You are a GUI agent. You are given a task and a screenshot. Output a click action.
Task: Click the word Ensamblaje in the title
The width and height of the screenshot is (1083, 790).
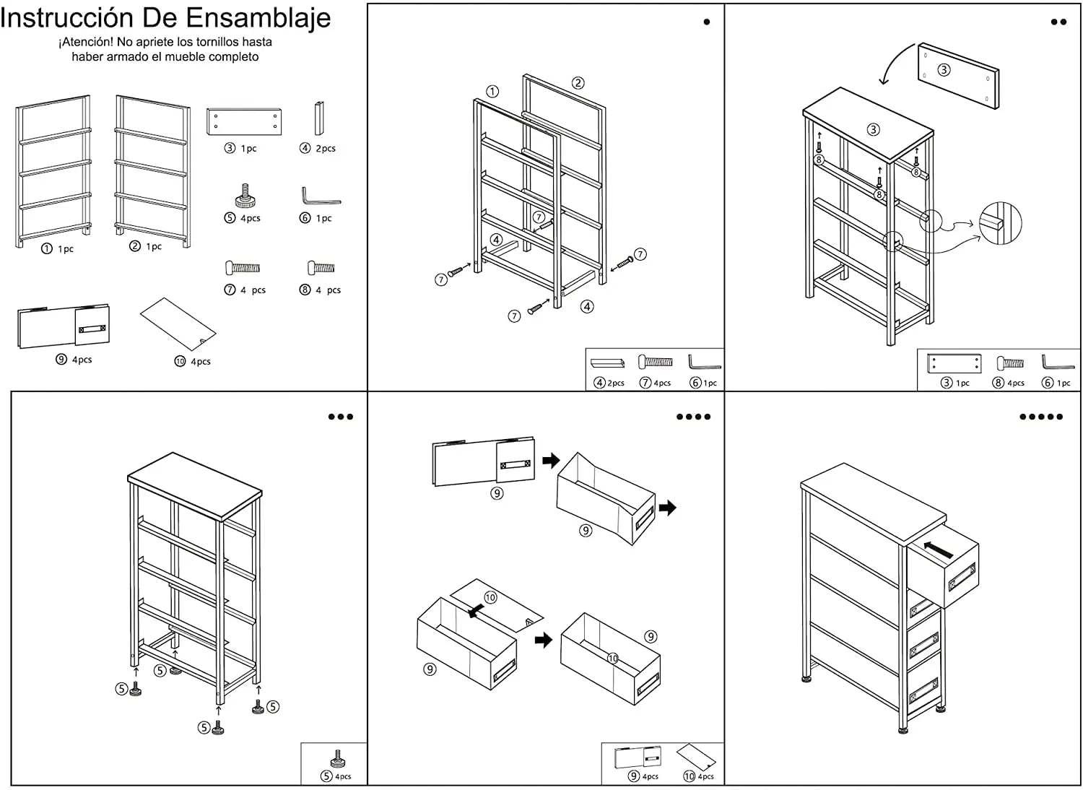tap(258, 17)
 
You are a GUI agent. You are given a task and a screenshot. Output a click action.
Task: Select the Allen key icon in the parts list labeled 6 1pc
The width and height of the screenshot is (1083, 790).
tap(320, 196)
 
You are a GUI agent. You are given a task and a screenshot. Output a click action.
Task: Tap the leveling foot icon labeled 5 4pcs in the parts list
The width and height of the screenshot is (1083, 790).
tap(245, 196)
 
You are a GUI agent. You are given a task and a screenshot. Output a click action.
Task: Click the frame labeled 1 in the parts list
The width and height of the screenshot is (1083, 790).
tap(54, 171)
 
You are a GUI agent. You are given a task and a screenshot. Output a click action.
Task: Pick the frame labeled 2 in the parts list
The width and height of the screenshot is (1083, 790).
tap(152, 170)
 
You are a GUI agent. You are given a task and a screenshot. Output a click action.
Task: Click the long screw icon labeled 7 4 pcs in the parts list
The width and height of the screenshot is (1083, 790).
tap(243, 268)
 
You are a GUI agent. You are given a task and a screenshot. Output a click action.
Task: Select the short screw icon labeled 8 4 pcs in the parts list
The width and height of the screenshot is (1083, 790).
tap(321, 268)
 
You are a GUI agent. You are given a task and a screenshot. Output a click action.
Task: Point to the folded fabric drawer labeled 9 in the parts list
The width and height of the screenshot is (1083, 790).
tap(64, 326)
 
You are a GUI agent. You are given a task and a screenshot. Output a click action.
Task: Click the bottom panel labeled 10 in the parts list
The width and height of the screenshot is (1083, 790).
tap(178, 324)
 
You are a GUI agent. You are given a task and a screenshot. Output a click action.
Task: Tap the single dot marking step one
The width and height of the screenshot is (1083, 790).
tap(706, 22)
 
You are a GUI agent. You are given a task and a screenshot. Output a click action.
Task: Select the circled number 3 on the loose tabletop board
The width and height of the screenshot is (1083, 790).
tap(944, 70)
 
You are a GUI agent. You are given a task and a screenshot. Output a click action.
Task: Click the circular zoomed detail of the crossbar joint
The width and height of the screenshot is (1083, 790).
tap(1000, 222)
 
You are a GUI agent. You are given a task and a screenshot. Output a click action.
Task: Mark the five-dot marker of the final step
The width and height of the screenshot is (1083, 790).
tap(1040, 417)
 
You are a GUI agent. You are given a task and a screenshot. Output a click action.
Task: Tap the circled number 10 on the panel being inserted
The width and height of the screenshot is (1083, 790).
tap(490, 597)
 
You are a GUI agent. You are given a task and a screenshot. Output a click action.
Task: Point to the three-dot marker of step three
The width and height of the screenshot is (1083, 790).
tap(340, 417)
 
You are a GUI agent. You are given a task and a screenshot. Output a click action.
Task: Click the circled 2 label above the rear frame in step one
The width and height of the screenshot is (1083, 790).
tap(578, 83)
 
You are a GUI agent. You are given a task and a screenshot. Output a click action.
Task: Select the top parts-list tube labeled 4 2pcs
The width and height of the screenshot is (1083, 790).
tap(318, 118)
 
